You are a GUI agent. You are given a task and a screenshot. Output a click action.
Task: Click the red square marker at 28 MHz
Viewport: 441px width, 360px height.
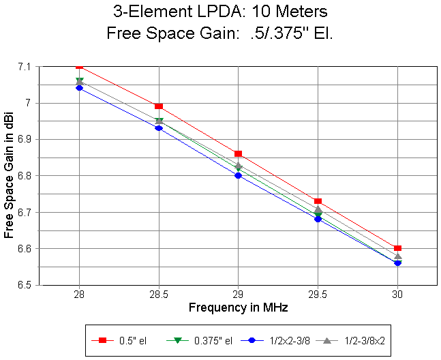(80, 65)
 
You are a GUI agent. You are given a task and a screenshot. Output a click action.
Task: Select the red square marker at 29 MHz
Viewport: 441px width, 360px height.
(238, 154)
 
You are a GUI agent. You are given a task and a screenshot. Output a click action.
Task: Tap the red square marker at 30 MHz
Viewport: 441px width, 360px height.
(397, 248)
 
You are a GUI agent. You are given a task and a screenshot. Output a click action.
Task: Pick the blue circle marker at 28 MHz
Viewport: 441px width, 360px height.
(80, 88)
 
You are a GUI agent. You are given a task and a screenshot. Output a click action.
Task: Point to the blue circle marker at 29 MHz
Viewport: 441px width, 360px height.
(238, 175)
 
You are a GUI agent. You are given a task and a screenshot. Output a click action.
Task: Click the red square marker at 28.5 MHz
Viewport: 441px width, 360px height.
(159, 106)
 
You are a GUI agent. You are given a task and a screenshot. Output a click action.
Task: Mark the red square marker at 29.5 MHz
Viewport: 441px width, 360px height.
(318, 201)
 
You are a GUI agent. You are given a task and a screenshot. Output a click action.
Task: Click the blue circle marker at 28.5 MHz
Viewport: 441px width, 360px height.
(159, 127)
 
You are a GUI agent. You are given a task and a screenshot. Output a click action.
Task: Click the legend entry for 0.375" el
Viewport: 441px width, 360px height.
(198, 339)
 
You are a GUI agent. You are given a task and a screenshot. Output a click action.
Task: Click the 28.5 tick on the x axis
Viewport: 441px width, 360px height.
(159, 295)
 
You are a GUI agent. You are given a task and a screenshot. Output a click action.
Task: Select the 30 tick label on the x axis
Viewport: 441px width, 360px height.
(397, 295)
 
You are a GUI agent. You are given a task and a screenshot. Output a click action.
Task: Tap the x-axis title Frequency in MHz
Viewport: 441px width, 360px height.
(238, 308)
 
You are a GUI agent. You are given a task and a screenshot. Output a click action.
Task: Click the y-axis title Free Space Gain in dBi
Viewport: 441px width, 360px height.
(9, 175)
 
